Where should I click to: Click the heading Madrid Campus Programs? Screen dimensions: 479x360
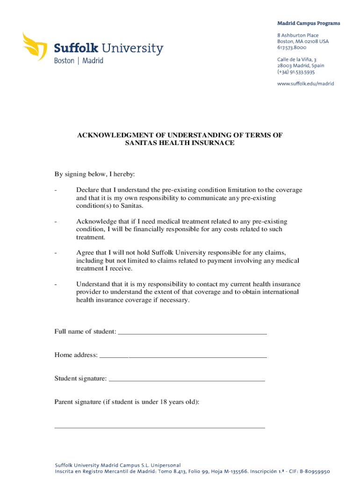point(309,23)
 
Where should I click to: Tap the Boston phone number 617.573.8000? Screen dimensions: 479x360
point(292,48)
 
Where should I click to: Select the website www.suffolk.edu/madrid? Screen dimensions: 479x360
point(306,84)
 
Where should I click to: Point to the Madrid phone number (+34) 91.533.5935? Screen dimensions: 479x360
point(296,72)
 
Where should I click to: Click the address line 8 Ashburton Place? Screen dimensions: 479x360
point(298,36)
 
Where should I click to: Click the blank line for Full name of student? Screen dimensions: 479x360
point(192,332)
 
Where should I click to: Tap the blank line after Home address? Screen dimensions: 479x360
point(183,356)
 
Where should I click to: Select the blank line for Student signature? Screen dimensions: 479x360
point(187,379)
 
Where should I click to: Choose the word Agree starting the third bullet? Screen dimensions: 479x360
point(85,253)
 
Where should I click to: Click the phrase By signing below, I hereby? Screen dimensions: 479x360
point(94,174)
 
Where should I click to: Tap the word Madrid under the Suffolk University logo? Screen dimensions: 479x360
point(93,61)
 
